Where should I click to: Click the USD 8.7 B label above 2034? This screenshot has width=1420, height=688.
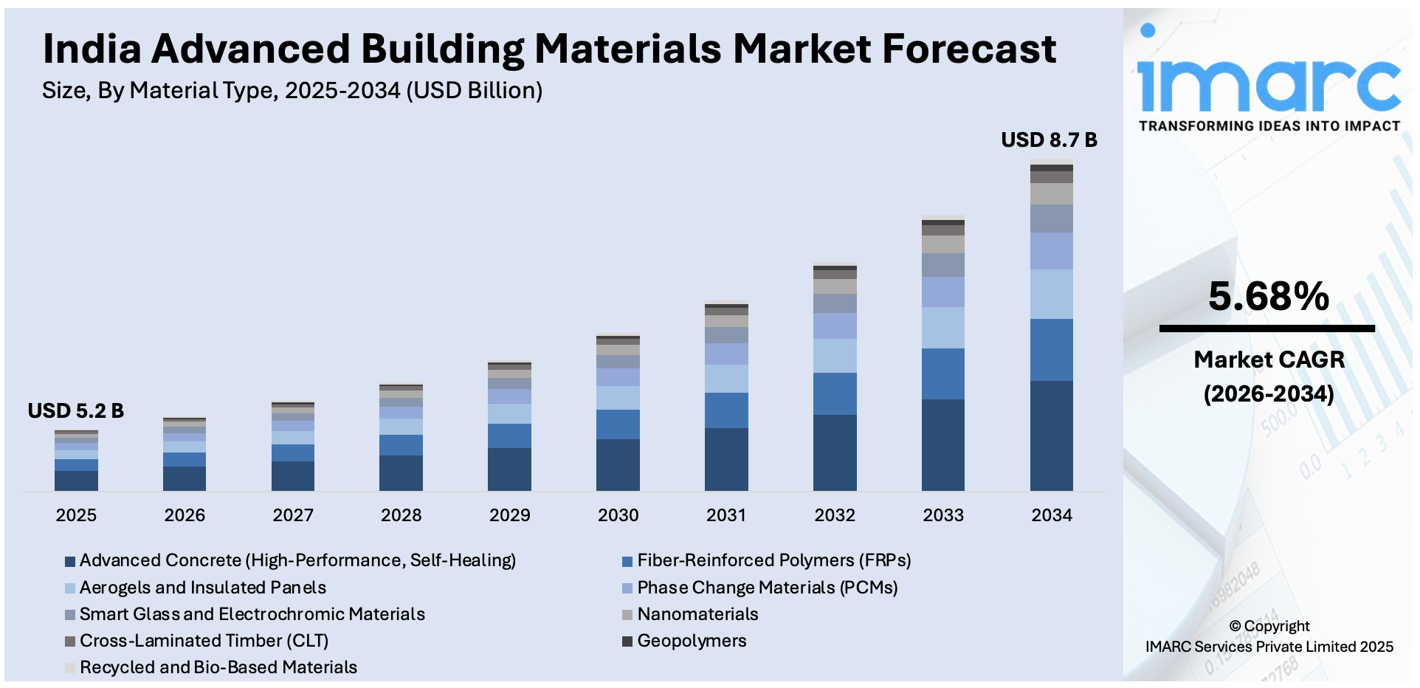pyautogui.click(x=1048, y=140)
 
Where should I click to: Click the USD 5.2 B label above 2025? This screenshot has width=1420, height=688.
pyautogui.click(x=75, y=410)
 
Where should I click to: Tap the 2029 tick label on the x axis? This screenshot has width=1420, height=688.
pyautogui.click(x=509, y=515)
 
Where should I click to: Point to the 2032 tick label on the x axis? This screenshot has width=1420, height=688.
pyautogui.click(x=834, y=515)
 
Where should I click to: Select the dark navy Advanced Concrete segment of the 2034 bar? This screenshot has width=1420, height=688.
pyautogui.click(x=1051, y=436)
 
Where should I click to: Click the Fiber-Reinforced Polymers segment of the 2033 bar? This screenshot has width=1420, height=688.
pyautogui.click(x=942, y=374)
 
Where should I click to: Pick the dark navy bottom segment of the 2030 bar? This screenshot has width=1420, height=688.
pyautogui.click(x=618, y=465)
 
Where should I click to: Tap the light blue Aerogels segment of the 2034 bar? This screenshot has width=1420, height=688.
pyautogui.click(x=1051, y=294)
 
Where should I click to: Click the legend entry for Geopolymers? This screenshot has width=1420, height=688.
pyautogui.click(x=691, y=641)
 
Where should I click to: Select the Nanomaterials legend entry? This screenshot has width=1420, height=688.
pyautogui.click(x=697, y=614)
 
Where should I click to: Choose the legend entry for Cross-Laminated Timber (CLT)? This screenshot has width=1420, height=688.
pyautogui.click(x=204, y=641)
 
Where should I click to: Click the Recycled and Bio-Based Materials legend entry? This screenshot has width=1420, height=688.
pyautogui.click(x=218, y=667)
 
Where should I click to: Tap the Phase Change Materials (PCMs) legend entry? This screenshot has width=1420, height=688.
pyautogui.click(x=767, y=588)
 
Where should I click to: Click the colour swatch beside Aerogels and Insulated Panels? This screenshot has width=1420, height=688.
pyautogui.click(x=70, y=588)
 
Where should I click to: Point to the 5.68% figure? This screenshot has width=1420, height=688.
pyautogui.click(x=1268, y=297)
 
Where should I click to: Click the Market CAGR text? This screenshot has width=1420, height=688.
pyautogui.click(x=1269, y=360)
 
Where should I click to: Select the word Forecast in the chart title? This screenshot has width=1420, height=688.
pyautogui.click(x=969, y=49)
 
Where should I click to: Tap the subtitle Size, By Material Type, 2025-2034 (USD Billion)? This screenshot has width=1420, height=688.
pyautogui.click(x=292, y=91)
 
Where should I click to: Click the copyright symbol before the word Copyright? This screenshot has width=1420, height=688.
pyautogui.click(x=1235, y=627)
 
